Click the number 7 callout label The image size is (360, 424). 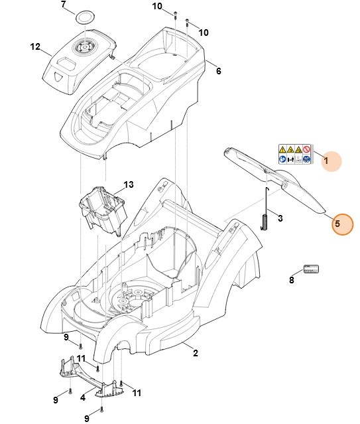[64, 5]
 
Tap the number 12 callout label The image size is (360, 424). [35, 46]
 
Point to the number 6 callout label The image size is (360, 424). [218, 71]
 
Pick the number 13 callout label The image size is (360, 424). [128, 184]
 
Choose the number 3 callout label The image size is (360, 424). [280, 218]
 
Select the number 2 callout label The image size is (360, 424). [196, 352]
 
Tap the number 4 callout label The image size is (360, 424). [82, 398]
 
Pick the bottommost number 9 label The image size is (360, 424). [86, 418]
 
